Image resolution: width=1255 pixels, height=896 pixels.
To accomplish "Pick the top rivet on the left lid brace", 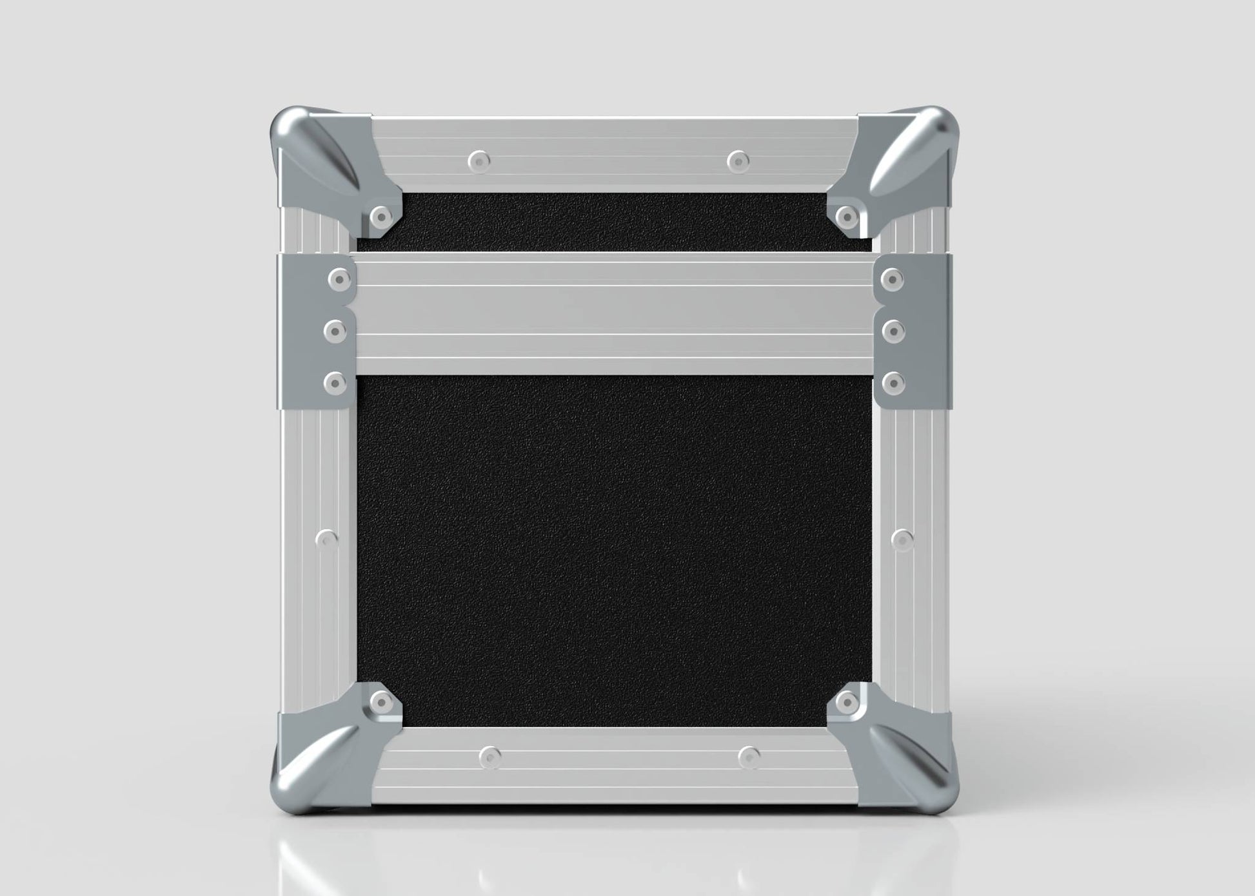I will point(337,279).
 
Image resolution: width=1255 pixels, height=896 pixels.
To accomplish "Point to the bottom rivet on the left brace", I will point(335,384).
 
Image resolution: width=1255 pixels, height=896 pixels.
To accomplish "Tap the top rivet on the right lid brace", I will point(893,279).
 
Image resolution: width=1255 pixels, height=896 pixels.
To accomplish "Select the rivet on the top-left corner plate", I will point(381,214).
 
